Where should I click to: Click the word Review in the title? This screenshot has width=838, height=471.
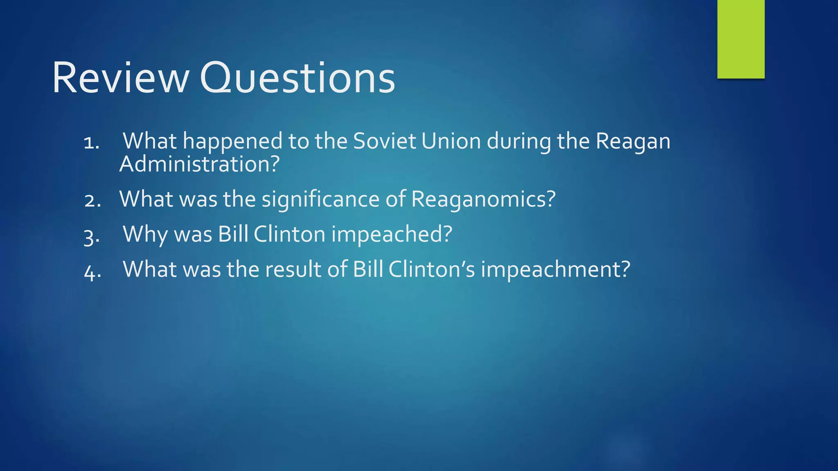click(120, 78)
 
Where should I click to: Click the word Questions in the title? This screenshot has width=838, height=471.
click(297, 78)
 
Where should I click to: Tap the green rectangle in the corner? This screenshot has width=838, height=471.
click(741, 39)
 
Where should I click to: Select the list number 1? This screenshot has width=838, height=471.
click(91, 143)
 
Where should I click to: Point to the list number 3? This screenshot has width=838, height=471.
click(91, 237)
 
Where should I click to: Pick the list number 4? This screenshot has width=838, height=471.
click(92, 272)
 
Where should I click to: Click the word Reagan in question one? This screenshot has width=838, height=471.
click(633, 142)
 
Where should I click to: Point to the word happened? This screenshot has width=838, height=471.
click(232, 142)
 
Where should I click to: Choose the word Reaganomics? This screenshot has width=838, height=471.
click(483, 200)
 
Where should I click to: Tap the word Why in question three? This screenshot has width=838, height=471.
click(146, 235)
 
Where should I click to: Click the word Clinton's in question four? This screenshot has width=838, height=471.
click(432, 269)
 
